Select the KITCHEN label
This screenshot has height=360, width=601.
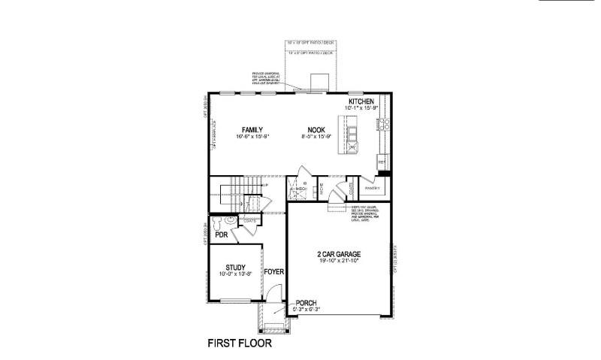[x=361, y=101]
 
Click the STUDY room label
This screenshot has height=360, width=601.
[x=236, y=267]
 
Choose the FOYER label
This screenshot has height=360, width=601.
[x=273, y=271]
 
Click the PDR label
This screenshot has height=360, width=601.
[x=221, y=234]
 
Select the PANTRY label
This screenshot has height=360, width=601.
[x=373, y=188]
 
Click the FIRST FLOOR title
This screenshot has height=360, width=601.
[x=239, y=345]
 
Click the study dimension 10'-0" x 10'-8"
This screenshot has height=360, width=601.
[x=236, y=274]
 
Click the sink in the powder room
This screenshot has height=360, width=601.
[x=231, y=222]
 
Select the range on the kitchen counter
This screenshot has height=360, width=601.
[x=385, y=124]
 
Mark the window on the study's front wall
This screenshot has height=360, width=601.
[x=236, y=301]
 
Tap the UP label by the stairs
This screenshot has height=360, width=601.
[x=264, y=184]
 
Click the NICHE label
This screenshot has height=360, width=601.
[x=322, y=189]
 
